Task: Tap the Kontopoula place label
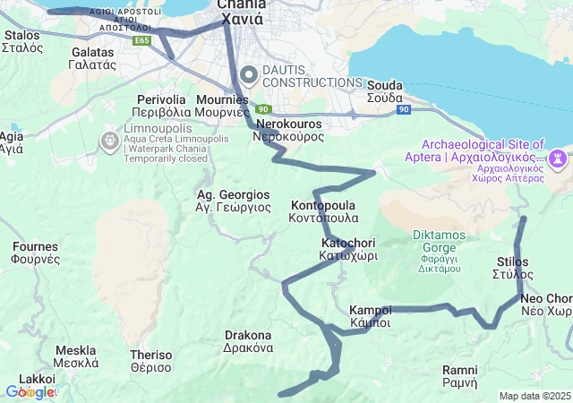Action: click(x=324, y=211)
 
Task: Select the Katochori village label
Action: click(x=348, y=249)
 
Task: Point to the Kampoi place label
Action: click(x=371, y=316)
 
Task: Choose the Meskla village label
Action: click(x=76, y=356)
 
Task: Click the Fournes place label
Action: click(x=36, y=253)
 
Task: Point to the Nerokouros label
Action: click(x=288, y=131)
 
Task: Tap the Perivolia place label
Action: click(x=162, y=106)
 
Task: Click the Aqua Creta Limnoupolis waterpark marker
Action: click(x=109, y=141)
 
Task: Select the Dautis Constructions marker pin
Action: click(x=246, y=74)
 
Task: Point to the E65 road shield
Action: click(x=141, y=41)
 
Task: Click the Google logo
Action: click(x=29, y=392)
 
